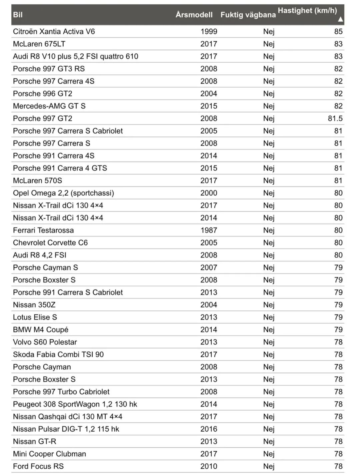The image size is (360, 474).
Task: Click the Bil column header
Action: [x=18, y=15]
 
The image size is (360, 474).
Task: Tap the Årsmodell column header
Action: [x=194, y=15]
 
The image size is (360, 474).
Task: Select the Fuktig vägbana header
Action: [x=248, y=15]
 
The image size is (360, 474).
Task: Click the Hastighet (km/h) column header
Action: [x=307, y=11]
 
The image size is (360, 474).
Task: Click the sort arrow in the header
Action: [x=340, y=19]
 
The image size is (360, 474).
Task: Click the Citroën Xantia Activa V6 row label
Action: [x=54, y=32]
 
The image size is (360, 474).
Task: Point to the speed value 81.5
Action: [x=335, y=119]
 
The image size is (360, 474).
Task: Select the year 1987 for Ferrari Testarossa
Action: [x=209, y=230]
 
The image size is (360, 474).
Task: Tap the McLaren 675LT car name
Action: [x=39, y=44]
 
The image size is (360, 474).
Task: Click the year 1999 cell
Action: [x=209, y=32]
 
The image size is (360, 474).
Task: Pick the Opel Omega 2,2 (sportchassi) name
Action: [x=63, y=193]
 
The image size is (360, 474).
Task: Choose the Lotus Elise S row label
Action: [x=35, y=317]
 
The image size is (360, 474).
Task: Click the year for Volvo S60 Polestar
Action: [x=209, y=342]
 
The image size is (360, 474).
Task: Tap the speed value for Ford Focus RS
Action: [x=338, y=466]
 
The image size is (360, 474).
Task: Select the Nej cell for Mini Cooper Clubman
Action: [x=269, y=454]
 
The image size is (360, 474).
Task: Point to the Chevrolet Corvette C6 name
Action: [x=50, y=242]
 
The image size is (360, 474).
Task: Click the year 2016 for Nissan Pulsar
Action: [x=209, y=429]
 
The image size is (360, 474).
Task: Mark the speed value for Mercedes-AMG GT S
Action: [x=338, y=106]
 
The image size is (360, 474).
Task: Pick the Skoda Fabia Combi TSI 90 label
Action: [x=58, y=354]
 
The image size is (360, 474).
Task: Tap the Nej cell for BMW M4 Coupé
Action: [x=269, y=330]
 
